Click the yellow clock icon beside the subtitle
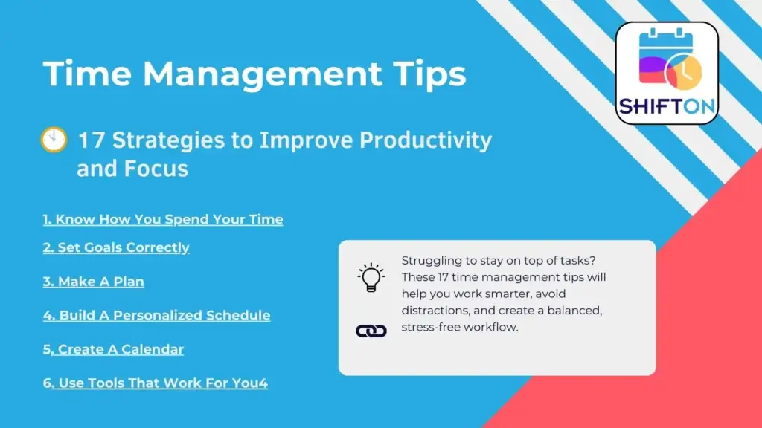[54, 140]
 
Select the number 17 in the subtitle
[91, 140]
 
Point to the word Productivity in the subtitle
[426, 141]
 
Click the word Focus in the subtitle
[156, 169]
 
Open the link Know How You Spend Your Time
[163, 219]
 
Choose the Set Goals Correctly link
[116, 248]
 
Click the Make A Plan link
[93, 282]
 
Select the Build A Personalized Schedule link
[156, 315]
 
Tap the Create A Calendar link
[113, 349]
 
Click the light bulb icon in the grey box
[371, 278]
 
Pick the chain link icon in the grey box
[371, 331]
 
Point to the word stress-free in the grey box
[431, 327]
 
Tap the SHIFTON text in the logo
[667, 106]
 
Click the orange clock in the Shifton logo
[684, 72]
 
